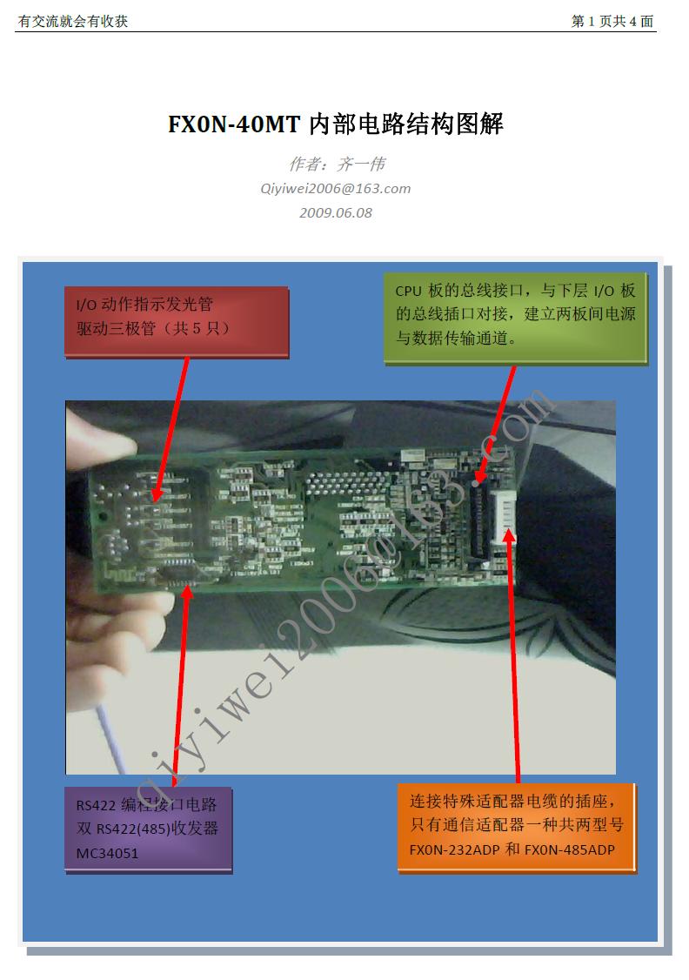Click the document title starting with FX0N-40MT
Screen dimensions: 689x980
(336, 123)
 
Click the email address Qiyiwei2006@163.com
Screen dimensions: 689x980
(336, 189)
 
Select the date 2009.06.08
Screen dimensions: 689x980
(336, 212)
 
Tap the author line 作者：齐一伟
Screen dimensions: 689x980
(337, 164)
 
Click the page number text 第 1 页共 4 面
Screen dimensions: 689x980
(612, 21)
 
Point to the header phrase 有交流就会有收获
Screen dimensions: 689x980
(73, 21)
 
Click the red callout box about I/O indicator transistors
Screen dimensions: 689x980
(176, 321)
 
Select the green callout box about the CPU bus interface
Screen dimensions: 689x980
(515, 318)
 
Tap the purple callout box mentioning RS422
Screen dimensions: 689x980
(148, 829)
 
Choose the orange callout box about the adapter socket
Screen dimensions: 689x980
(517, 827)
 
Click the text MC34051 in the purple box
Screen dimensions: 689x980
(107, 853)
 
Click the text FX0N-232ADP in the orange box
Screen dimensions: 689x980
(455, 849)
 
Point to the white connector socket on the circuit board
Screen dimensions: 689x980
(504, 515)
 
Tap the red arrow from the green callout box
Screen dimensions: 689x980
(496, 425)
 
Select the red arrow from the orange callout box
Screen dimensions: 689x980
(513, 655)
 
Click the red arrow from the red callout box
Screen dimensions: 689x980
(171, 429)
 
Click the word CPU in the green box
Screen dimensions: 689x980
(409, 291)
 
